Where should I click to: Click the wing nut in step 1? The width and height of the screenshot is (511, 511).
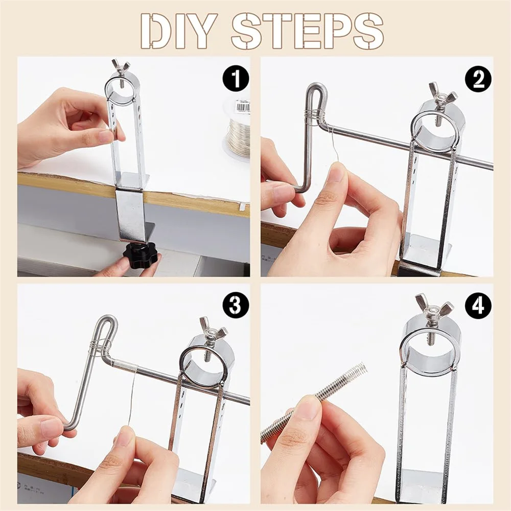click(121, 67)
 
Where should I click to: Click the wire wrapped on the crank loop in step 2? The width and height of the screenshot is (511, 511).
click(315, 117)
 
